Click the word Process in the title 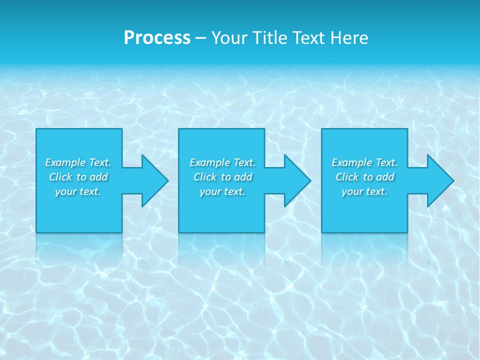pos(157,38)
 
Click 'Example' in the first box pos(65,162)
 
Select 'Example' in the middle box pos(209,162)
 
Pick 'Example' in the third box pos(351,162)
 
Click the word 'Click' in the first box pos(60,177)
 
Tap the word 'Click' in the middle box pos(205,177)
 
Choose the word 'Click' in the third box pos(347,177)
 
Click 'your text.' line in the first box pos(78,191)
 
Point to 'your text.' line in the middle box pos(222,191)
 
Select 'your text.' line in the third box pos(364,191)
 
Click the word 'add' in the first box pos(98,177)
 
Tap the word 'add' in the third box pos(385,177)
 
